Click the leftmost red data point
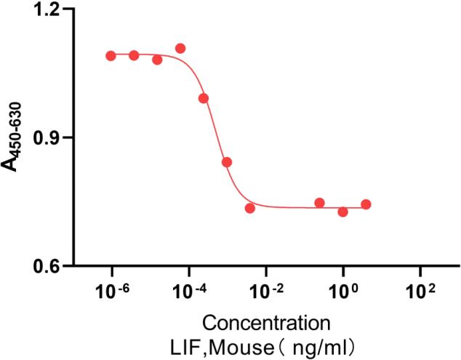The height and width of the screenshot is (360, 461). [111, 56]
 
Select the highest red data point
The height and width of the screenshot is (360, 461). [180, 49]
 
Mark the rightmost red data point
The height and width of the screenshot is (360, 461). [366, 204]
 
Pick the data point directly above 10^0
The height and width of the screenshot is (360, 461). [342, 212]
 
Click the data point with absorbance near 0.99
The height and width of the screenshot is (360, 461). [204, 98]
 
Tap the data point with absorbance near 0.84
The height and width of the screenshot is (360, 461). [227, 162]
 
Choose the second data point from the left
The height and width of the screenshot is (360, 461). [134, 55]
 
